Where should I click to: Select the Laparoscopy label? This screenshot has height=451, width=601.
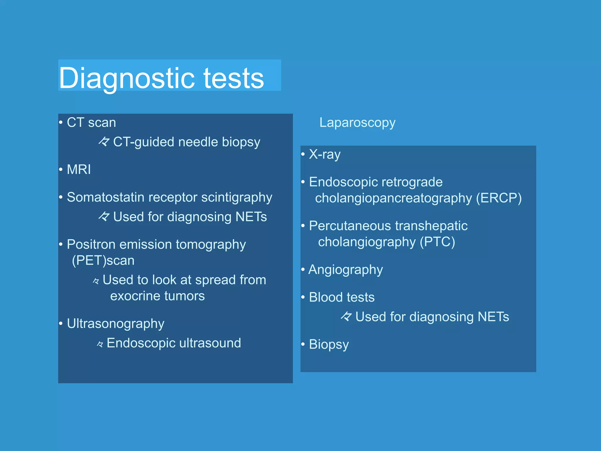point(357,122)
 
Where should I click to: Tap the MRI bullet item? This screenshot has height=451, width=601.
point(79,169)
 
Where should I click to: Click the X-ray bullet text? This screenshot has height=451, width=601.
point(325,154)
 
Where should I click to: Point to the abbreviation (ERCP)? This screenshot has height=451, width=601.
point(499,198)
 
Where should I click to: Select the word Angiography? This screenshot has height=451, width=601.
point(345,270)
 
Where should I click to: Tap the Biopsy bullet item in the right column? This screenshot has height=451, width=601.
point(329,344)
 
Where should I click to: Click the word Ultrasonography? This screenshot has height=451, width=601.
point(115,324)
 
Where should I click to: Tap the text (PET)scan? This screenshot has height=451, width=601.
point(103,260)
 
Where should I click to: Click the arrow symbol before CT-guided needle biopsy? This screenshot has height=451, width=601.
point(104,142)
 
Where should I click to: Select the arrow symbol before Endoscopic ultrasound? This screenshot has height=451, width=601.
point(100,344)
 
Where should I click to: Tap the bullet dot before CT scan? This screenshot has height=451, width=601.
point(61,122)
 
